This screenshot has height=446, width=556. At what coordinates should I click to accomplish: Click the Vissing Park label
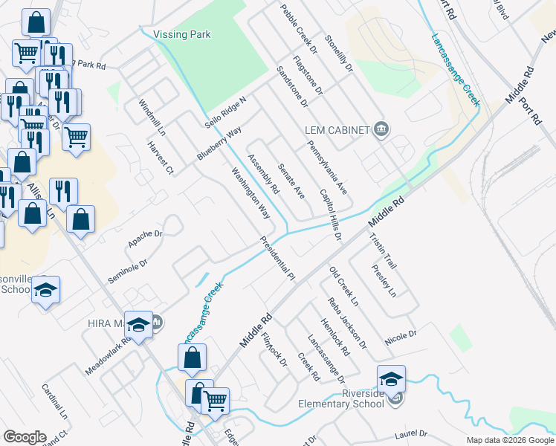(181, 34)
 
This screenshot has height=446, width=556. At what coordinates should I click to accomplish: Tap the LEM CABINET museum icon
(381, 130)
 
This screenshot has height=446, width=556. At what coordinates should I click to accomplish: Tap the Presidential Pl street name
(277, 258)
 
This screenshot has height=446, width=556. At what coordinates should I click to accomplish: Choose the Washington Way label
(250, 193)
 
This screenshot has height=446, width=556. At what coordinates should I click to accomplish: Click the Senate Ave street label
(291, 181)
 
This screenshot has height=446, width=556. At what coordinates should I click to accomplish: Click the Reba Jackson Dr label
(347, 323)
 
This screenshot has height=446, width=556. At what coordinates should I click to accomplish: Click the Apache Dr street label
(145, 238)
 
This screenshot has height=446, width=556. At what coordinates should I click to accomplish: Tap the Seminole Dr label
(128, 271)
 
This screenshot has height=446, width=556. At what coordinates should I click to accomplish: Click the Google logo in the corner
(25, 437)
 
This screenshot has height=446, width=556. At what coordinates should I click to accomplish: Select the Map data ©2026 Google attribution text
(510, 440)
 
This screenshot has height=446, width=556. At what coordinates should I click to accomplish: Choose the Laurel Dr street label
(413, 433)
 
